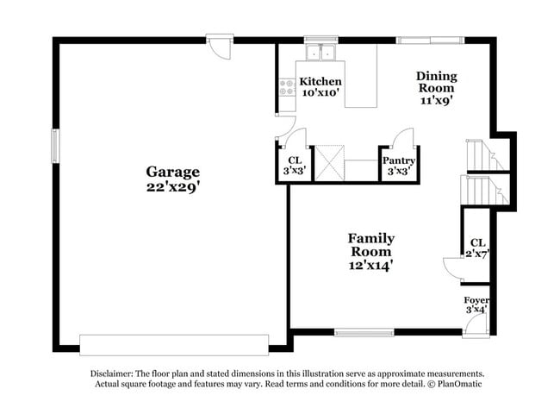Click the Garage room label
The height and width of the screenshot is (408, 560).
(x=172, y=172)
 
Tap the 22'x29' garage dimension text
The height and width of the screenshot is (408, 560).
(x=172, y=185)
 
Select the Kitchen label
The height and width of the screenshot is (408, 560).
(x=320, y=82)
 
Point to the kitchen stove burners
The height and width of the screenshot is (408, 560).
(x=286, y=87)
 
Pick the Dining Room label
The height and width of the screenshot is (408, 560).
(x=436, y=82)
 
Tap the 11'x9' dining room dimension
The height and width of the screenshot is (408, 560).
(x=436, y=100)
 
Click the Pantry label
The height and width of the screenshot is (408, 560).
(x=398, y=160)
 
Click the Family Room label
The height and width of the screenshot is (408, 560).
(x=371, y=245)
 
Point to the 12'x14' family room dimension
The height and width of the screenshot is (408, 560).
(x=371, y=266)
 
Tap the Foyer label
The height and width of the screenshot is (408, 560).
(x=476, y=300)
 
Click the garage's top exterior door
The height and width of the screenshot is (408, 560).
(x=220, y=46)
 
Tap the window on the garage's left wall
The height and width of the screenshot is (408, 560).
(x=55, y=145)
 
